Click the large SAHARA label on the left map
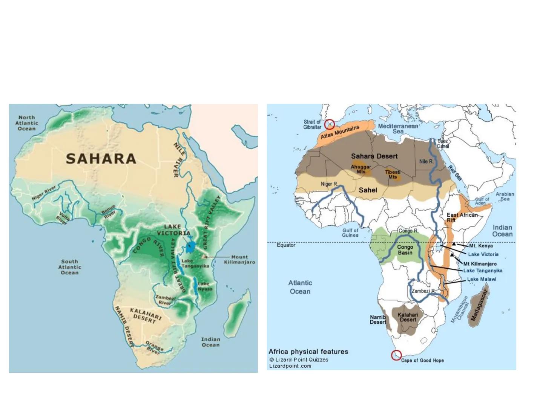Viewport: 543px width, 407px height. coord(101,159)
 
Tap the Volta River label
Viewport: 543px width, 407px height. coord(62,218)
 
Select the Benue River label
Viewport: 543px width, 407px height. coord(109,212)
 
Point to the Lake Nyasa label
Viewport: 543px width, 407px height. coord(205,286)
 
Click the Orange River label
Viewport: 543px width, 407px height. coord(154,347)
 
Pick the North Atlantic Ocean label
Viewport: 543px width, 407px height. coord(27,123)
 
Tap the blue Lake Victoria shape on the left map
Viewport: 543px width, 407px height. coord(191,246)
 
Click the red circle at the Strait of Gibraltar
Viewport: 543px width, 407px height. coord(330,124)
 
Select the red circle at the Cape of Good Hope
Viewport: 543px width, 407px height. coord(396,355)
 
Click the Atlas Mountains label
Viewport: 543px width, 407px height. coord(340,132)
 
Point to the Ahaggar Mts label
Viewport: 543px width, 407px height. coord(361,169)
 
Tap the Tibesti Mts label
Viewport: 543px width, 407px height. coord(393,174)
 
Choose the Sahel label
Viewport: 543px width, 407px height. coord(368,190)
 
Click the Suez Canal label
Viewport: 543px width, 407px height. coord(443,144)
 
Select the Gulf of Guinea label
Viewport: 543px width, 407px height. coord(350,233)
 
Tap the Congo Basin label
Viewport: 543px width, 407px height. coord(405,250)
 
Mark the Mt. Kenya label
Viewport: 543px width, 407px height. coord(481,246)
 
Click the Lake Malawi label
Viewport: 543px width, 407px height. coord(482,279)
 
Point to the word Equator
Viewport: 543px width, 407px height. coord(286,245)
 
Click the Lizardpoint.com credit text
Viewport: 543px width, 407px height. coord(290,366)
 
